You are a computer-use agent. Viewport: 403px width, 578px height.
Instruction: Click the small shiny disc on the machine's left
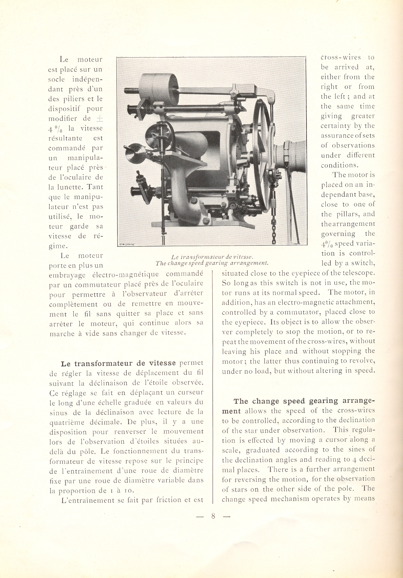click(x=135, y=151)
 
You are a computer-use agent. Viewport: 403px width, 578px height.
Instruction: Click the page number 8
click(x=213, y=516)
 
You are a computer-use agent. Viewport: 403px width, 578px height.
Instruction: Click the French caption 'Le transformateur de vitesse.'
click(x=210, y=257)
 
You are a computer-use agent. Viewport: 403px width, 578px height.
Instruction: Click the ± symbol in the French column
click(x=99, y=118)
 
